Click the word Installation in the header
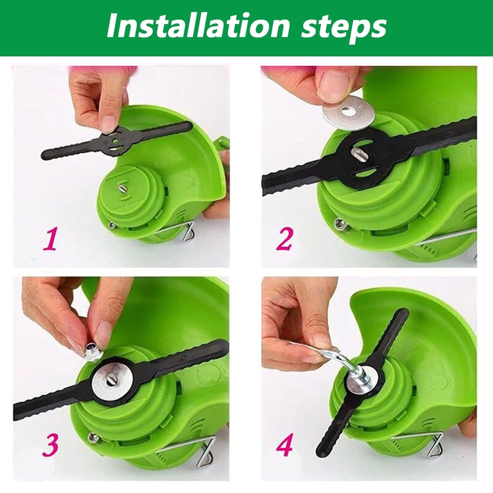198,26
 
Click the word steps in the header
344,28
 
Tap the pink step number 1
51,239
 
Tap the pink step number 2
285,238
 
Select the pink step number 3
51,444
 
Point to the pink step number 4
285,444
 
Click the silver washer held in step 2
348,113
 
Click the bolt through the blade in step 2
357,154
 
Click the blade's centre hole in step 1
116,139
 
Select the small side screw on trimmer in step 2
340,224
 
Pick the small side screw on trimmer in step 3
93,438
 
